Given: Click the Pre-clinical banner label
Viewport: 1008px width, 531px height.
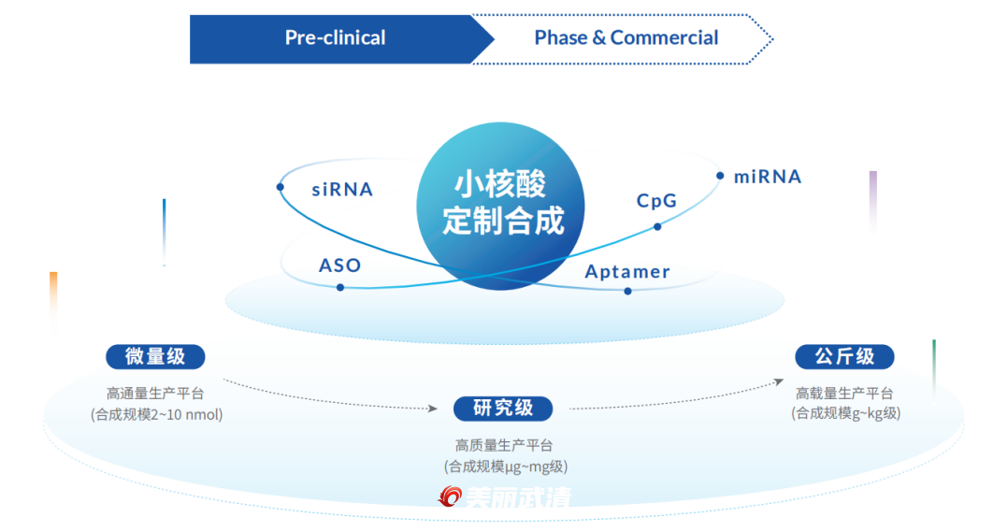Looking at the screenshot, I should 335,38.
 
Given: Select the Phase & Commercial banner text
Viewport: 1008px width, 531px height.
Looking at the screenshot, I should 626,38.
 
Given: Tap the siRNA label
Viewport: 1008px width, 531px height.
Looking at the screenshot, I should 342,190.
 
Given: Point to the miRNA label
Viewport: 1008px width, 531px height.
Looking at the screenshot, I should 768,177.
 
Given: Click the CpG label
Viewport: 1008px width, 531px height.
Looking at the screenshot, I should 656,201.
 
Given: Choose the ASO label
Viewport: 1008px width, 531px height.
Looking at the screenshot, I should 339,265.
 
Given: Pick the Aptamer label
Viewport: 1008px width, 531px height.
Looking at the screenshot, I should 627,272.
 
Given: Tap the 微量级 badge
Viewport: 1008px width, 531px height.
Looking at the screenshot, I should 155,356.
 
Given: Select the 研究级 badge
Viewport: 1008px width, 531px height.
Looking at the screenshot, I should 503,409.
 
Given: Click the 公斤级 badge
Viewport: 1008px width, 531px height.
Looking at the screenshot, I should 844,356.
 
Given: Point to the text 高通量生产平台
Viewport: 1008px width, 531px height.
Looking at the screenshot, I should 155,394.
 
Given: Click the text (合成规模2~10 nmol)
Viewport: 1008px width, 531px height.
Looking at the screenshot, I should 156,414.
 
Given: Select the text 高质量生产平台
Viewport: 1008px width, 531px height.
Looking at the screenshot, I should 504,446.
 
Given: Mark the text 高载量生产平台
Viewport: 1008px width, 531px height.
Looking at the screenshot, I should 844,393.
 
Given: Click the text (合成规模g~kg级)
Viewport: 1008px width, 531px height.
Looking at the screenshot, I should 845,413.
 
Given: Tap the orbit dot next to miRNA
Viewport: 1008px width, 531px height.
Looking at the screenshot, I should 720,176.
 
